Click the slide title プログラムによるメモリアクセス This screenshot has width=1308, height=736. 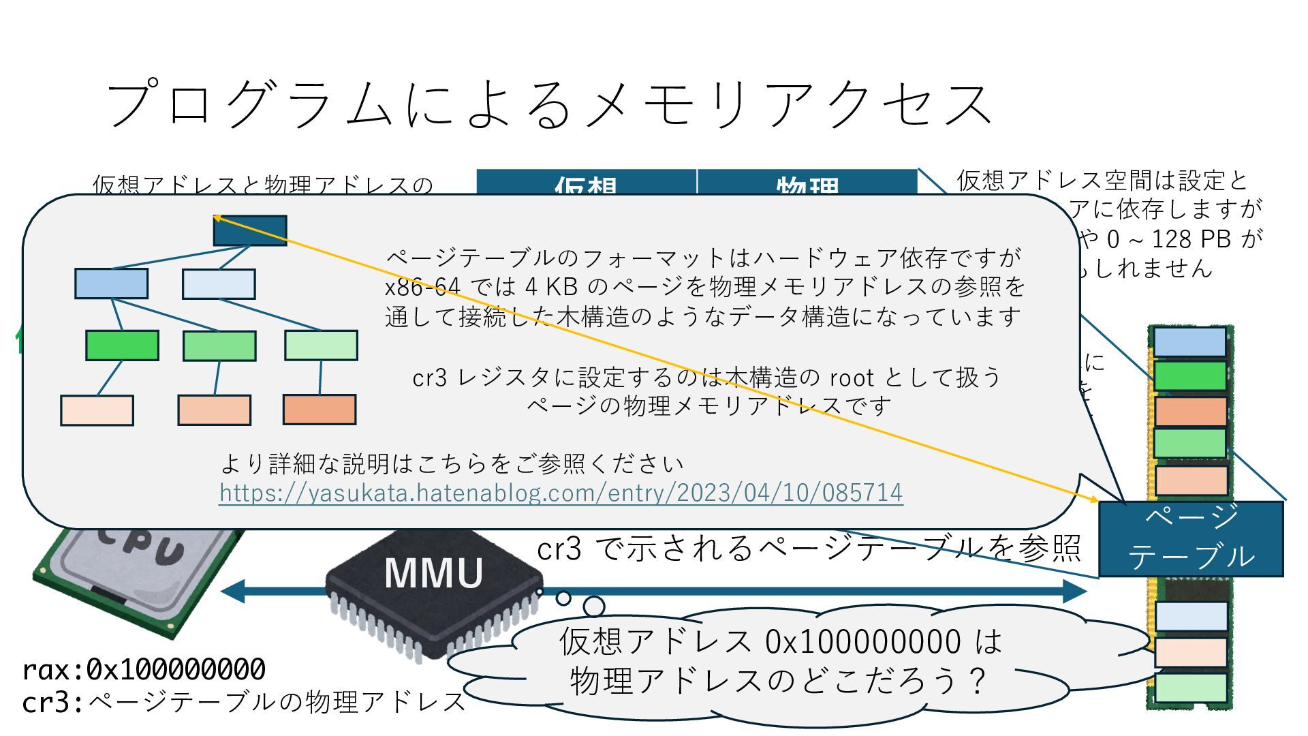point(549,105)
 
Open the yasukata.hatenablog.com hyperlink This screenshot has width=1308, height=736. point(561,492)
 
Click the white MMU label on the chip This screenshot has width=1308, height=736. point(433,573)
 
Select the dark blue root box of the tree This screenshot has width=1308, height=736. point(250,231)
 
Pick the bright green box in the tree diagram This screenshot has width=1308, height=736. point(122,346)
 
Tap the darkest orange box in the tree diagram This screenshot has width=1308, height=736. point(320,410)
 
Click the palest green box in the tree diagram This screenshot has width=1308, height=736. point(321,346)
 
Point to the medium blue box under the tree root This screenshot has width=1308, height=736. point(111,283)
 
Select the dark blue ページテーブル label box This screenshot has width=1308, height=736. point(1190,539)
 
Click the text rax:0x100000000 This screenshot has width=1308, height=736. point(144,670)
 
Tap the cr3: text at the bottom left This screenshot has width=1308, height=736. point(52,702)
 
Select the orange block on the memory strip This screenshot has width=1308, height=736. point(1190,411)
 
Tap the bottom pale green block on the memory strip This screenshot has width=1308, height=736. point(1190,687)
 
